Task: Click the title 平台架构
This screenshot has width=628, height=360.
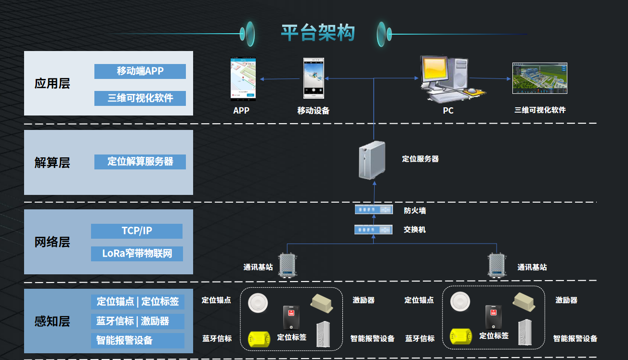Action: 318,33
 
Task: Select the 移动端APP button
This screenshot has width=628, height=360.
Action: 140,71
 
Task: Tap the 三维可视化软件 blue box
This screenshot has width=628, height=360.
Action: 140,98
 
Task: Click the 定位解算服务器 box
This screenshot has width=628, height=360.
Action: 140,161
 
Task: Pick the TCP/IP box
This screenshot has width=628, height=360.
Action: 137,231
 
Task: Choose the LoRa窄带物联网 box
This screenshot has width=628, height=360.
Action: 137,253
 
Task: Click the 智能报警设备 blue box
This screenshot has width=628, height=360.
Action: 138,340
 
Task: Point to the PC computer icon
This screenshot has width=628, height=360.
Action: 445,79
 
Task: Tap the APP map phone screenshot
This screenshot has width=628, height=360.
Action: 243,78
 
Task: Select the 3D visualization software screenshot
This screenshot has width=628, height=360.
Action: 539,78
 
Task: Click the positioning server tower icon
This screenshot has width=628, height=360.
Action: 372,161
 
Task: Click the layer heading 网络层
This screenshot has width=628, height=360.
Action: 52,242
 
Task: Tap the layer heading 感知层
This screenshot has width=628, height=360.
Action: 52,321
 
